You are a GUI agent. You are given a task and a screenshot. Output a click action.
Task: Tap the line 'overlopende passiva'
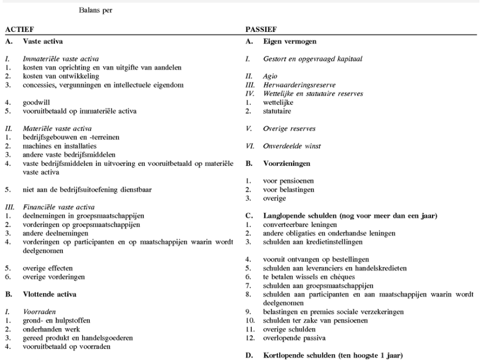click(x=292, y=337)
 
